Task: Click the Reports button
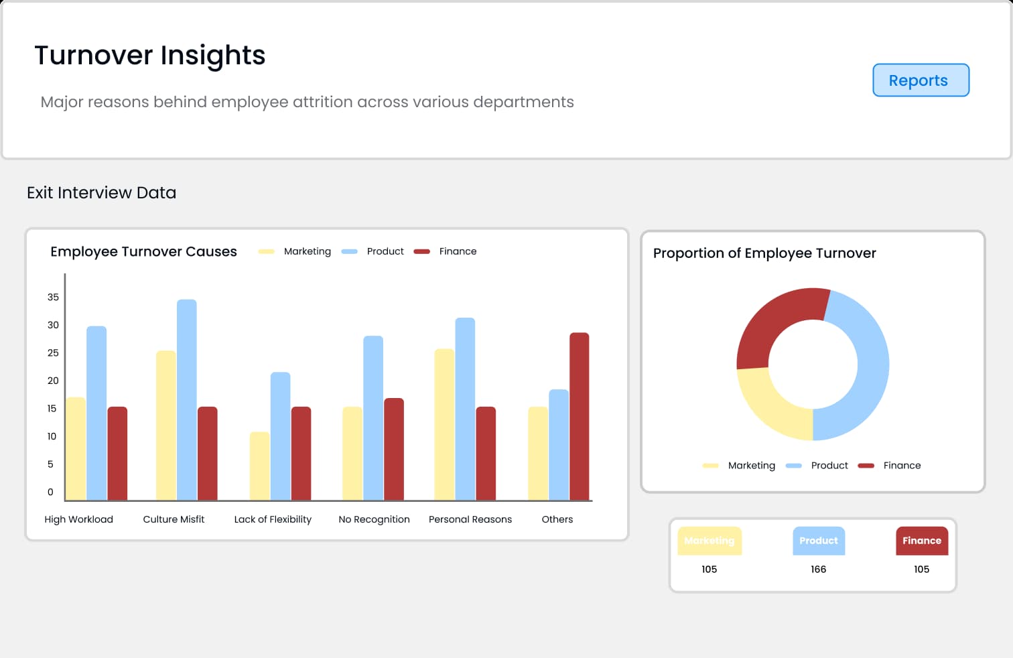coord(921,80)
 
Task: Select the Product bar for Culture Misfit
coord(187,399)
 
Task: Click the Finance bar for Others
coord(580,416)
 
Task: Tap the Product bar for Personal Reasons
coord(465,409)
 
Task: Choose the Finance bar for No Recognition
coord(394,449)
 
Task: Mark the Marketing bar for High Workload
coord(76,448)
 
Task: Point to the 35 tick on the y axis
coord(53,297)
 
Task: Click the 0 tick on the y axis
coord(50,492)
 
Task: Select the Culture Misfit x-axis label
coord(174,519)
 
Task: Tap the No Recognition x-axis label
coord(374,519)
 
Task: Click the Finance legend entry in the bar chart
coord(458,251)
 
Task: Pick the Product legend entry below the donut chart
coord(829,466)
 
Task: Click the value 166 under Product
coord(818,570)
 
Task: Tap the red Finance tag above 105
coord(922,541)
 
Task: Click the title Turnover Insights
coord(150,55)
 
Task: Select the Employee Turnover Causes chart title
coord(143,251)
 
